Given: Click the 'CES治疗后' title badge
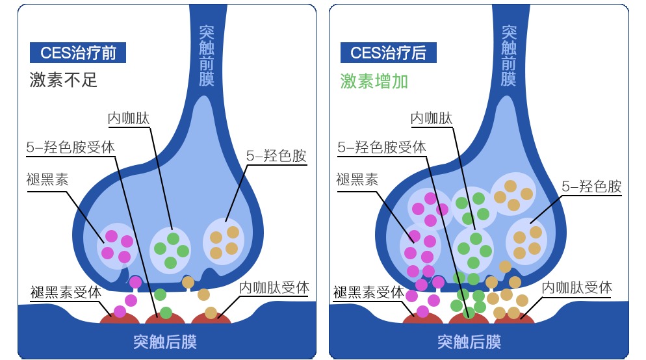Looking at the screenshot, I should [x=388, y=53].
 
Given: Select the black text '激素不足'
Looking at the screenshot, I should [x=64, y=80].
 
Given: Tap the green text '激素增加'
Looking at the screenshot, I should [x=374, y=81].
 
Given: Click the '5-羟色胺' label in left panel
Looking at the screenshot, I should [x=276, y=156].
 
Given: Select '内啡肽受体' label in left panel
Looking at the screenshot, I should [x=274, y=287].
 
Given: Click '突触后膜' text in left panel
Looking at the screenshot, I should [x=165, y=341].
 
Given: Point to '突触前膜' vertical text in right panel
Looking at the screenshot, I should [x=510, y=56].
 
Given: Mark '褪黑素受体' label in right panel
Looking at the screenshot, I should [x=368, y=292].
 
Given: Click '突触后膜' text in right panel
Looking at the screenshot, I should [x=469, y=341].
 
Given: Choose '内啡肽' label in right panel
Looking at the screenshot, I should [x=432, y=118].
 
